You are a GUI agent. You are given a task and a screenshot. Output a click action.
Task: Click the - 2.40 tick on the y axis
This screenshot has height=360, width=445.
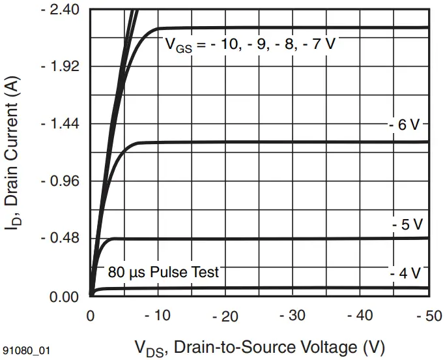coord(61,10)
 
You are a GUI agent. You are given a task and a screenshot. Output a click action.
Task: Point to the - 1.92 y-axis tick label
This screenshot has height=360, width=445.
coord(61,67)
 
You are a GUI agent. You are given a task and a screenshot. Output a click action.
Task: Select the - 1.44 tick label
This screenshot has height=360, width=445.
coord(61,123)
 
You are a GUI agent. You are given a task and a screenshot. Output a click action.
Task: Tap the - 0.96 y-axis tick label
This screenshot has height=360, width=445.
coord(61,181)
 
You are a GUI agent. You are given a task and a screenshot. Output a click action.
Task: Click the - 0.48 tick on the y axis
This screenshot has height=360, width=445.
coord(61,237)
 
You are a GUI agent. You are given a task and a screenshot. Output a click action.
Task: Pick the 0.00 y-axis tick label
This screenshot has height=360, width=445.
coord(64,297)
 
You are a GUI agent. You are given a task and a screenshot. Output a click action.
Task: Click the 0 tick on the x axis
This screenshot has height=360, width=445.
coord(91,316)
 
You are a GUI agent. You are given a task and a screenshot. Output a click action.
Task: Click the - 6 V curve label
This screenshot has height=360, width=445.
coord(405,125)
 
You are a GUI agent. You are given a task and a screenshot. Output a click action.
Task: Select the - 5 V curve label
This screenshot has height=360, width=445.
coord(407,224)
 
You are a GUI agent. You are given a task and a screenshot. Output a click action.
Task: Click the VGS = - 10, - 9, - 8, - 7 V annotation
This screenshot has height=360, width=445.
coord(251,44)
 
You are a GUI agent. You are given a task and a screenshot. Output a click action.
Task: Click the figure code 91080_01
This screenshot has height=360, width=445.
coord(26,350)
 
